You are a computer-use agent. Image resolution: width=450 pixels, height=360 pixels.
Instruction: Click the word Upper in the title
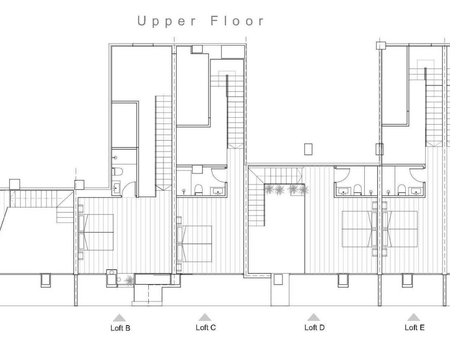click(167, 21)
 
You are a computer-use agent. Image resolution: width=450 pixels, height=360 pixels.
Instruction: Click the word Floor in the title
click(237, 21)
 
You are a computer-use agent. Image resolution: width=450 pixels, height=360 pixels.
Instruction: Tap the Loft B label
click(120, 328)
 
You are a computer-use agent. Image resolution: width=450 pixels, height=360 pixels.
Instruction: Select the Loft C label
click(206, 328)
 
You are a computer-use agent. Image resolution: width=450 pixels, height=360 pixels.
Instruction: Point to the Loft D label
click(314, 328)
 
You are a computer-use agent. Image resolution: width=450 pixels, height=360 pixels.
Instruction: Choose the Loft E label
click(414, 328)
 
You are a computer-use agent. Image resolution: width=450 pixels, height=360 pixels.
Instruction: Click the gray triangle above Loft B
click(120, 317)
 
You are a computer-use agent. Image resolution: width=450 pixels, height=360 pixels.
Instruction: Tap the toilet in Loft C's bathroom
click(198, 189)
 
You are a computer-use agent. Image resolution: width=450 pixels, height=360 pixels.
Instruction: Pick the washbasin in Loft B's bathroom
click(116, 188)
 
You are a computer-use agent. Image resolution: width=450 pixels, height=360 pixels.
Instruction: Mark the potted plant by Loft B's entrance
click(129, 279)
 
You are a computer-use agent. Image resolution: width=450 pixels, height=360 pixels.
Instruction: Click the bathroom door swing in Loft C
click(216, 174)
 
